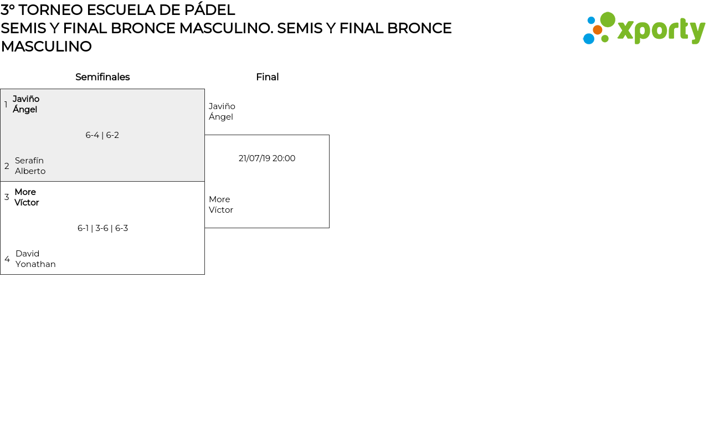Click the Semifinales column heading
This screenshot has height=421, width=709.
pyautogui.click(x=102, y=77)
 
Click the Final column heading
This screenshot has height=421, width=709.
pyautogui.click(x=267, y=77)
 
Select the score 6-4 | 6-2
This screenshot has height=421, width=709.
pyautogui.click(x=102, y=135)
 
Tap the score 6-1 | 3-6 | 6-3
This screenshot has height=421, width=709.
pyautogui.click(x=102, y=228)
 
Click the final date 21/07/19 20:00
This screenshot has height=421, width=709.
pyautogui.click(x=267, y=158)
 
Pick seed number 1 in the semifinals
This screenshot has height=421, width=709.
pyautogui.click(x=6, y=105)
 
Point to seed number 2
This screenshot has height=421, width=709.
pyautogui.click(x=7, y=166)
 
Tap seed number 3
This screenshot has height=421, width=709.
pyautogui.click(x=7, y=197)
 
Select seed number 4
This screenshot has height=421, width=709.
pyautogui.click(x=7, y=259)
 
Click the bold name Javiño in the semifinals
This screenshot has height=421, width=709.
pyautogui.click(x=26, y=99)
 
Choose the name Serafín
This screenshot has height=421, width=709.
pyautogui.click(x=29, y=161)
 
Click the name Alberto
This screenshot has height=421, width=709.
pyautogui.click(x=30, y=171)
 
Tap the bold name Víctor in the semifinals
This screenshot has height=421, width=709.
pyautogui.click(x=27, y=203)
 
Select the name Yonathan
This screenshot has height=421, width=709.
pyautogui.click(x=35, y=264)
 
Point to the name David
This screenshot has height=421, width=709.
pyautogui.click(x=27, y=254)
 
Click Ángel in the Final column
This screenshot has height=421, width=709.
pyautogui.click(x=221, y=117)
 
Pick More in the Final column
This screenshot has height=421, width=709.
pyautogui.click(x=219, y=199)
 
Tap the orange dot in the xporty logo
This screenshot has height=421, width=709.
pyautogui.click(x=598, y=30)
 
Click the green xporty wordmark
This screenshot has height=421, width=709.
pyautogui.click(x=661, y=31)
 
